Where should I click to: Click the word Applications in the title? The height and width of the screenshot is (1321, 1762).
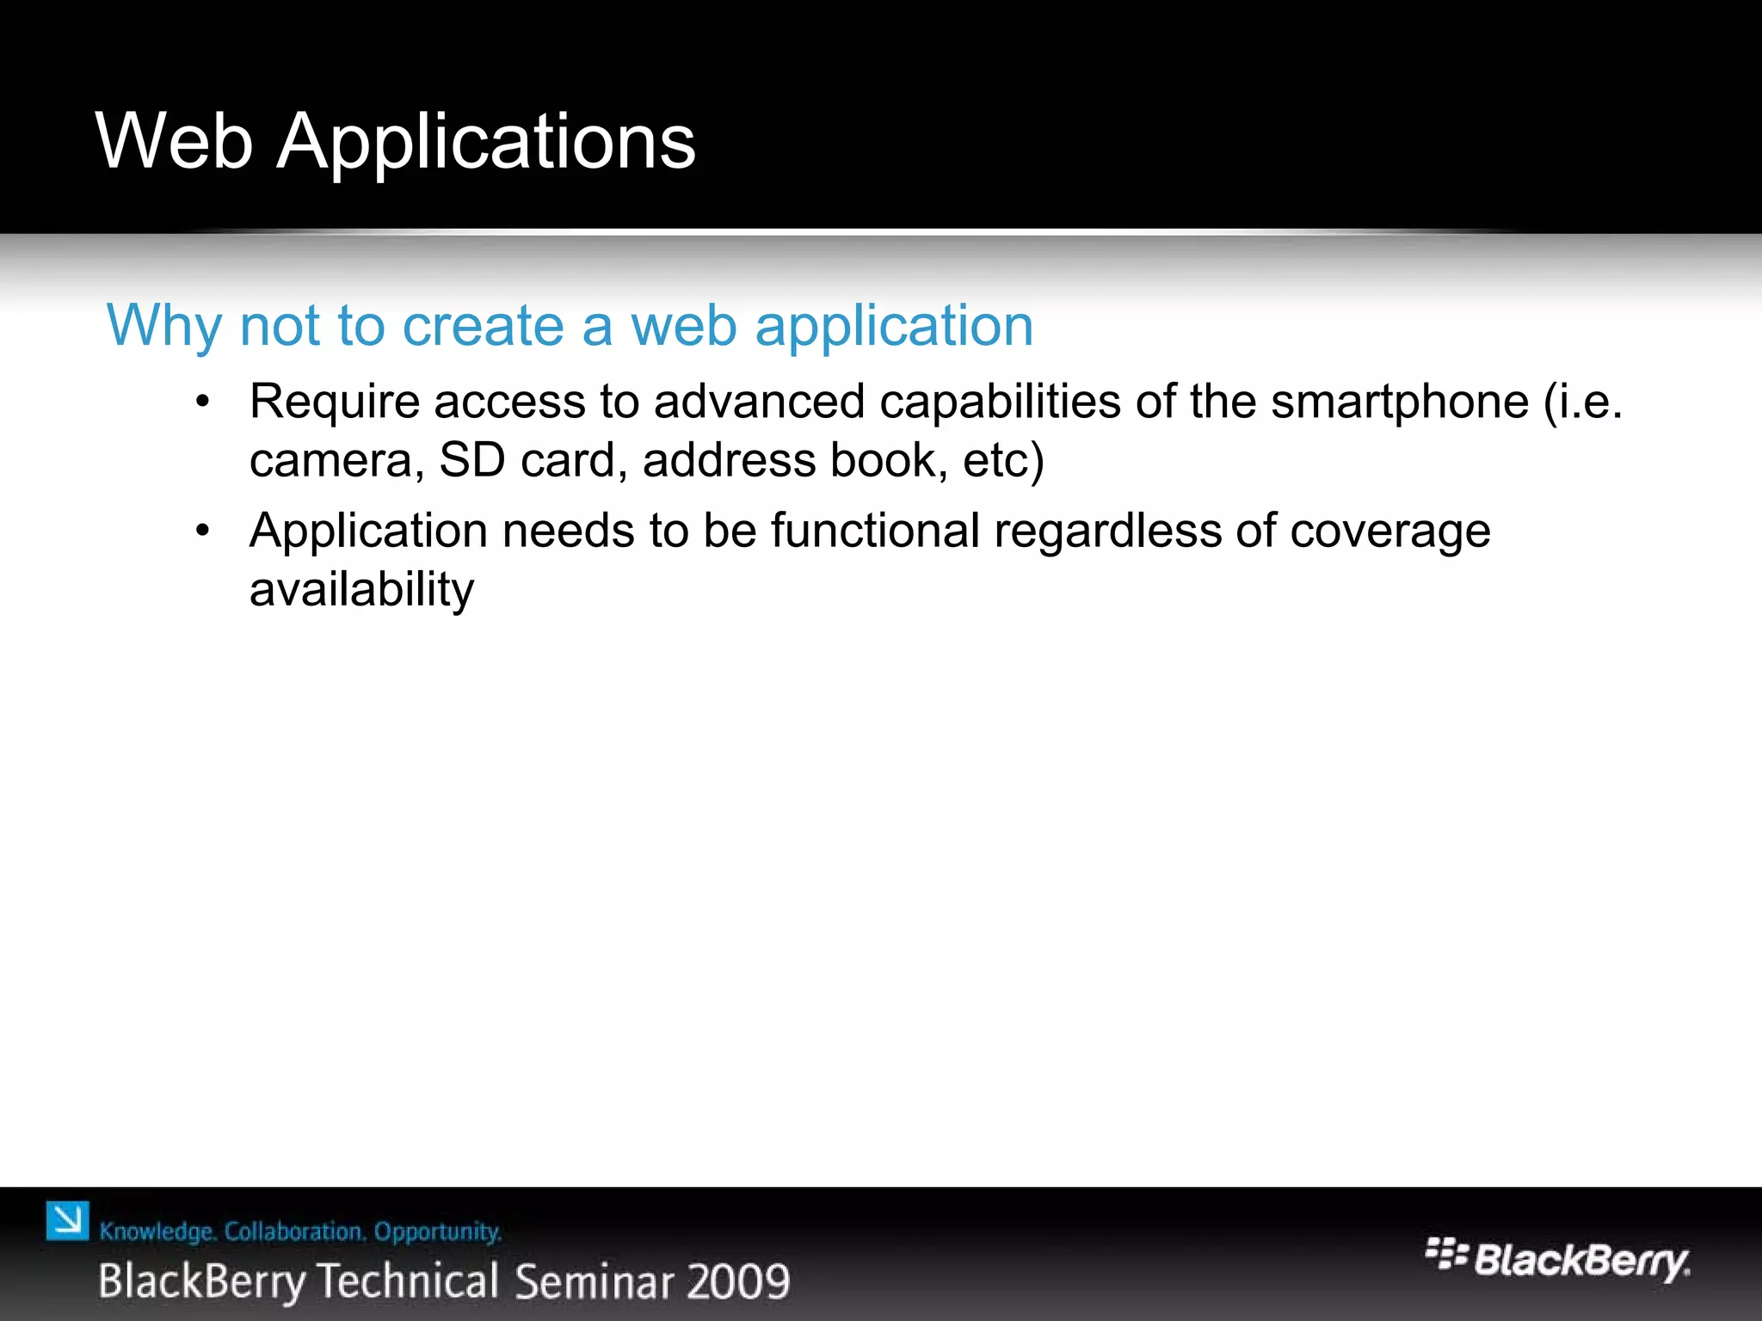pyautogui.click(x=486, y=143)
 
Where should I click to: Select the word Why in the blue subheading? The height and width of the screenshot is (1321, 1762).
pyautogui.click(x=163, y=327)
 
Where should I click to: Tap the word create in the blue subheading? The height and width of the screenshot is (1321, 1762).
pyautogui.click(x=483, y=326)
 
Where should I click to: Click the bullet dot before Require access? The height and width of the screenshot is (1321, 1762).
pyautogui.click(x=202, y=402)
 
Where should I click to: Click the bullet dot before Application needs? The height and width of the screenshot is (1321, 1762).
pyautogui.click(x=202, y=531)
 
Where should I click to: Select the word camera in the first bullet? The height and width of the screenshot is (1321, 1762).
pyautogui.click(x=332, y=461)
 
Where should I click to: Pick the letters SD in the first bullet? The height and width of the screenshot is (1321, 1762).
pyautogui.click(x=471, y=460)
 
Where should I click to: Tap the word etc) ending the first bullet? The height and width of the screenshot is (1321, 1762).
pyautogui.click(x=1003, y=460)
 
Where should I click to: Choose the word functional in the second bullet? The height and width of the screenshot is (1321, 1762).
pyautogui.click(x=875, y=530)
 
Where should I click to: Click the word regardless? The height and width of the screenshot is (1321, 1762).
pyautogui.click(x=1108, y=531)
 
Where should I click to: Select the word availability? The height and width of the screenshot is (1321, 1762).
pyautogui.click(x=361, y=591)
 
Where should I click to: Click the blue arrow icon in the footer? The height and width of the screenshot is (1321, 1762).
pyautogui.click(x=67, y=1221)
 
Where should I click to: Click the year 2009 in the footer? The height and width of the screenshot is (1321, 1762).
pyautogui.click(x=739, y=1281)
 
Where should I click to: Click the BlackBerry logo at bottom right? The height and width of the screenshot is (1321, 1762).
pyautogui.click(x=1557, y=1259)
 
